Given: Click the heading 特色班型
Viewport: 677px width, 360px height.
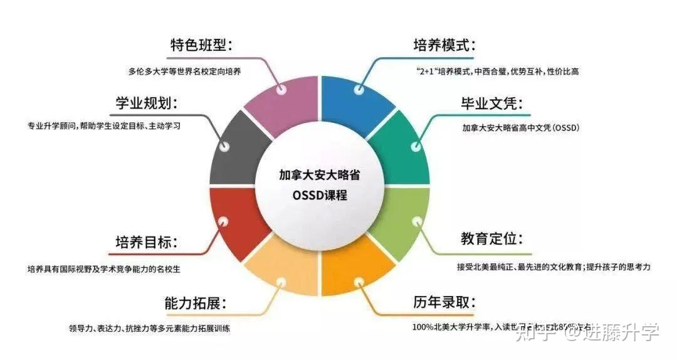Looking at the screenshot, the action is pyautogui.click(x=201, y=45).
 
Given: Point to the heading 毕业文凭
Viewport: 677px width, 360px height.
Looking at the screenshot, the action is pyautogui.click(x=491, y=103).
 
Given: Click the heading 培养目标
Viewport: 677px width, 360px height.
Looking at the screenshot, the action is pyautogui.click(x=146, y=242).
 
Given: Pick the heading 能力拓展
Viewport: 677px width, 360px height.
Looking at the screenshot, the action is pyautogui.click(x=195, y=304).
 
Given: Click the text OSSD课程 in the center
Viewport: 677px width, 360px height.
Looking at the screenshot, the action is pyautogui.click(x=320, y=195).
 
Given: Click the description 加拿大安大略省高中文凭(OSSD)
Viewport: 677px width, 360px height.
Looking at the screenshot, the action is pyautogui.click(x=520, y=127).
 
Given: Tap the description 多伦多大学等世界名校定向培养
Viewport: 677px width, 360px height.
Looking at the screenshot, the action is pyautogui.click(x=184, y=71).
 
